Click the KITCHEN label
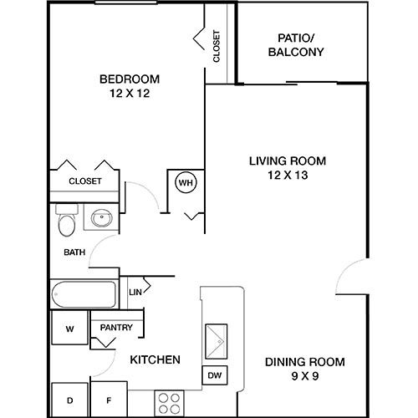[x=155, y=360]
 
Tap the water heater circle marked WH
[x=184, y=181]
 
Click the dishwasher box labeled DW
[x=214, y=376]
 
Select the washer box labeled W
[x=70, y=329]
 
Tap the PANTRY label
[x=116, y=328]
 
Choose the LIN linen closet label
[x=135, y=293]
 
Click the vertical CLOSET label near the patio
[x=217, y=47]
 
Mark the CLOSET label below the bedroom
[x=84, y=181]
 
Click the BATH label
[x=74, y=252]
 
